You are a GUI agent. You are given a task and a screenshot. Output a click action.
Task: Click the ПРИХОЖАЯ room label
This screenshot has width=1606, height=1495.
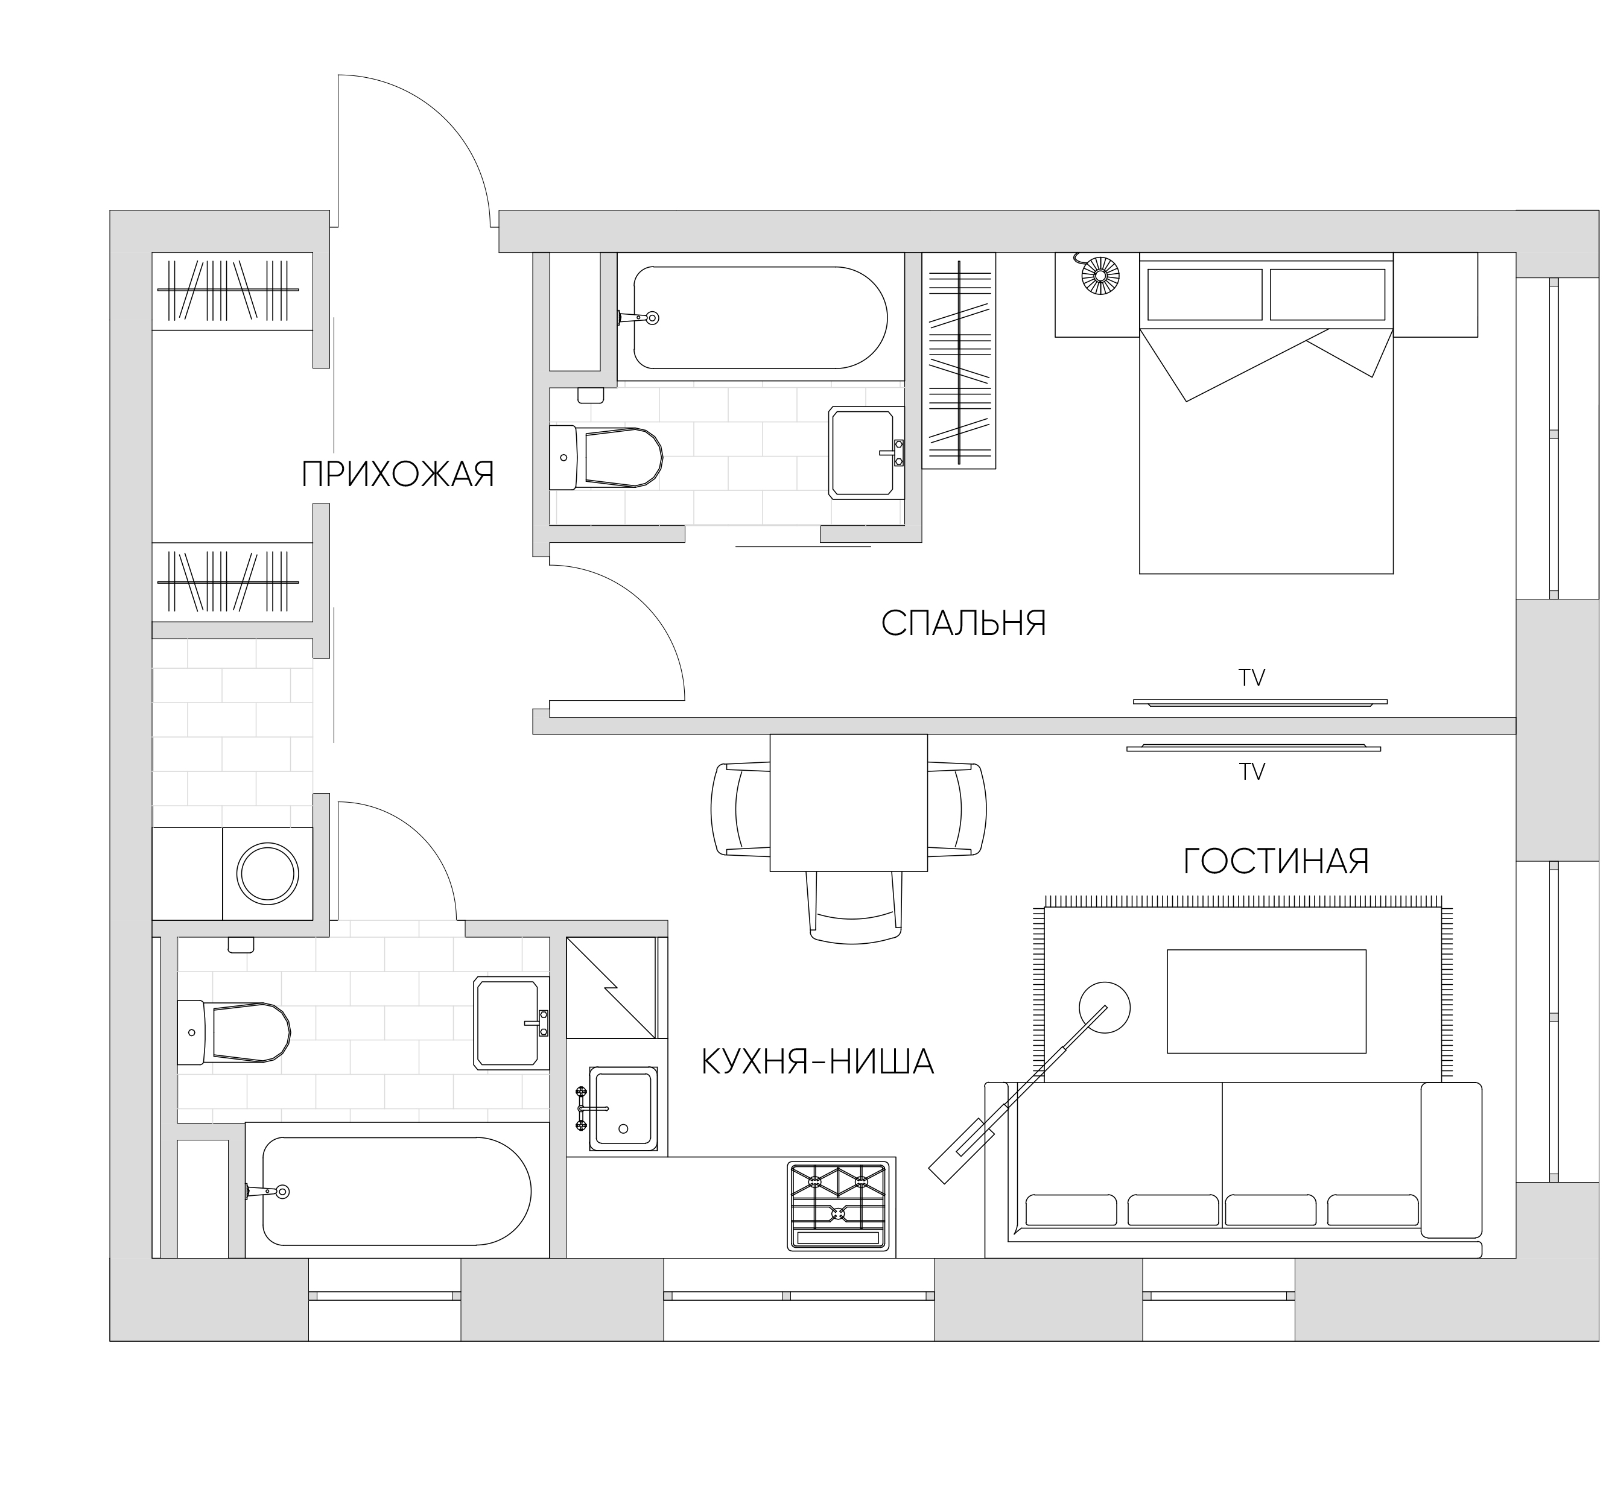398,475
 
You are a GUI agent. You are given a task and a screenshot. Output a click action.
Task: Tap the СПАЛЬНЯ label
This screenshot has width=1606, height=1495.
963,624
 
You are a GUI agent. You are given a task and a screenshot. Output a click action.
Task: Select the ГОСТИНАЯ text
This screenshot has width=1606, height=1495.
1277,862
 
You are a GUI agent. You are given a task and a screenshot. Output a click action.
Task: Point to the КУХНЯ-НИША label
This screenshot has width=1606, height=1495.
817,1061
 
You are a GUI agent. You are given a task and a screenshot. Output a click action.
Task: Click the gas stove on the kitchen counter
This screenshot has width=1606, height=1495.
839,1206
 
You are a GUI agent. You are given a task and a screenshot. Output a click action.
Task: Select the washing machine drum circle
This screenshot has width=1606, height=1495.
267,874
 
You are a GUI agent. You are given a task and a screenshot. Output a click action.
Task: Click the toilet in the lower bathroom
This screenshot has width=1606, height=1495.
233,1032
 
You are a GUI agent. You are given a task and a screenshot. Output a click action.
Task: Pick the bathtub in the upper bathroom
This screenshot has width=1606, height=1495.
760,317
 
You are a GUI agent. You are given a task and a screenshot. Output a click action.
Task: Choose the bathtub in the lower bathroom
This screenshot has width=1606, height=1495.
396,1191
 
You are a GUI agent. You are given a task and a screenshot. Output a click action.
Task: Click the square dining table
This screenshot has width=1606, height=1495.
849,803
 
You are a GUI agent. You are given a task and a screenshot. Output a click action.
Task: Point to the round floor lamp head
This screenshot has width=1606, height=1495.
1105,1007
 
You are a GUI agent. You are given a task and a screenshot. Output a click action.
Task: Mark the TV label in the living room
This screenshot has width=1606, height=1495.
1252,772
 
